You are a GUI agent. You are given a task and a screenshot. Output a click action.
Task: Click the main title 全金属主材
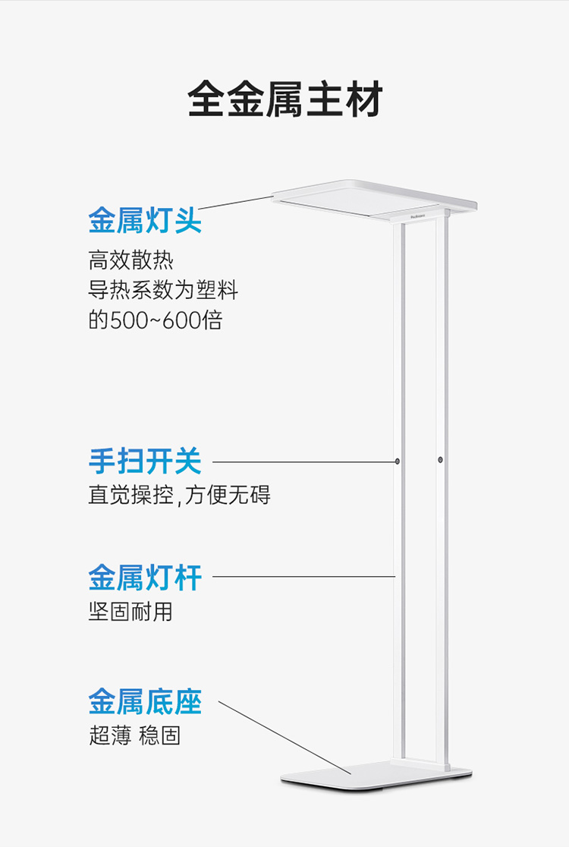(x=284, y=99)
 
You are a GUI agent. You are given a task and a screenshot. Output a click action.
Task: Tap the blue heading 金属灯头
(x=145, y=220)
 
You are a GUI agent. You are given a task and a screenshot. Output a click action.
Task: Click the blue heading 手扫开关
(x=145, y=461)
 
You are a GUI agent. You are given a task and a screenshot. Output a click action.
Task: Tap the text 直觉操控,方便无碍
(x=179, y=495)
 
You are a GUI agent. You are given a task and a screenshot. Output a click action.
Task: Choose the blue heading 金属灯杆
(x=145, y=578)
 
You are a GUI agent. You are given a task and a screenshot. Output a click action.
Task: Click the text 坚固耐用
(x=130, y=611)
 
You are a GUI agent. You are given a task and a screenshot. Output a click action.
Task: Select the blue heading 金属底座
(x=145, y=701)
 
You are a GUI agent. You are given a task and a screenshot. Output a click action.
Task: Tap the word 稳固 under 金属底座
(x=159, y=735)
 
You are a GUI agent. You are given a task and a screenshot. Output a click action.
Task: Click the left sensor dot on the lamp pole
(x=398, y=461)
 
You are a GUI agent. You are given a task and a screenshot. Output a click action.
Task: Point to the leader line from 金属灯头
(x=235, y=202)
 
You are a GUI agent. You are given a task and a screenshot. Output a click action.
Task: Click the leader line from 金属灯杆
(x=303, y=577)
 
